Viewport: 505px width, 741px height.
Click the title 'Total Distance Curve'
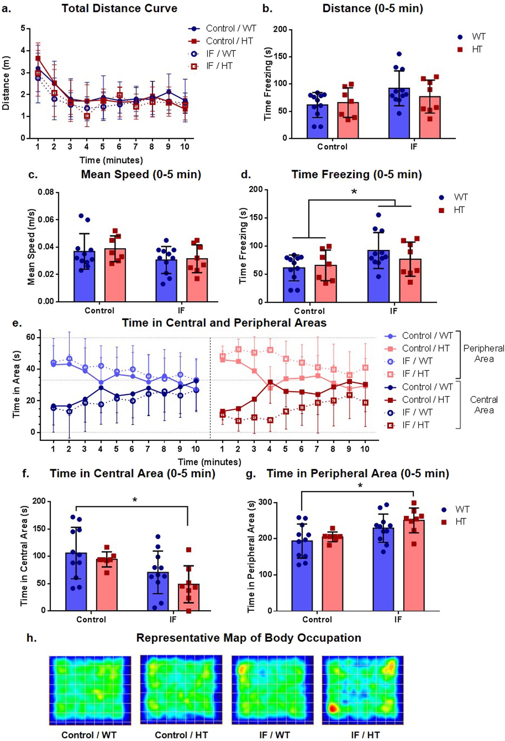pos(119,8)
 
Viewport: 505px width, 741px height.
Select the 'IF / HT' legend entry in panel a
pos(219,66)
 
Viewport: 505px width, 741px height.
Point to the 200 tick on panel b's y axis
pos(280,30)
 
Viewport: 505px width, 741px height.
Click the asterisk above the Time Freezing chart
pos(354,192)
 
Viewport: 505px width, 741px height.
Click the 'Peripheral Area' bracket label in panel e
pos(483,353)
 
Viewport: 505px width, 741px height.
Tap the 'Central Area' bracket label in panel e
pos(483,405)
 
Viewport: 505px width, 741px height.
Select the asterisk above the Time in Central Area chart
pos(135,500)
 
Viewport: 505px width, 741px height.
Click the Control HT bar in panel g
pos(332,573)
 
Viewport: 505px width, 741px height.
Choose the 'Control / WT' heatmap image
pos(90,690)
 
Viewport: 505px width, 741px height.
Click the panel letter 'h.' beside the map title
pos(32,638)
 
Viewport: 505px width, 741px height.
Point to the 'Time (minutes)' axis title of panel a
pos(111,160)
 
